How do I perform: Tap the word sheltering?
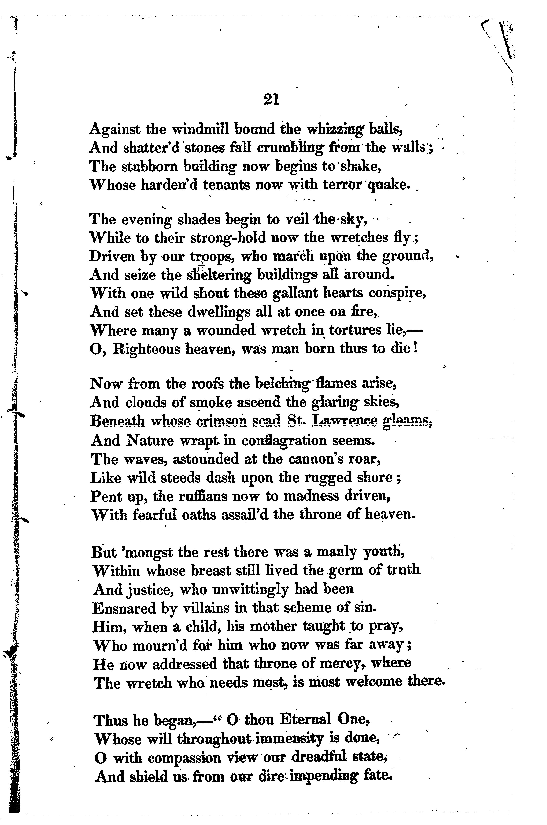[x=218, y=275]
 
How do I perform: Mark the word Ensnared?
[x=124, y=609]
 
